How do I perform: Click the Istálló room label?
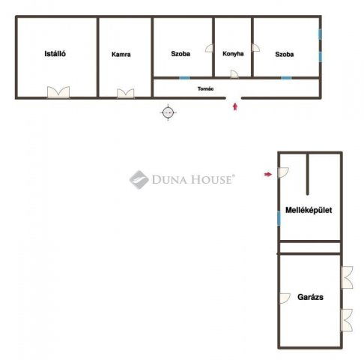[x=55, y=54]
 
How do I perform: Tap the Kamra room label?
[x=121, y=54]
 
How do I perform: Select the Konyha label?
[x=233, y=54]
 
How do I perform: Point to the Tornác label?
[x=205, y=88]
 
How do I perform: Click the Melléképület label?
[x=309, y=210]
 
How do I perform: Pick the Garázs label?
[x=310, y=297]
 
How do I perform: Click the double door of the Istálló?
[x=58, y=92]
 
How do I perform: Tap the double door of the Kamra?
[x=126, y=94]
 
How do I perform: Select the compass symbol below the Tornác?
[x=168, y=112]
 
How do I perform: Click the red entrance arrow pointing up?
[x=234, y=106]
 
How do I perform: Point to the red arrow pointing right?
[x=268, y=174]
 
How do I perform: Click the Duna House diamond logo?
[x=139, y=179]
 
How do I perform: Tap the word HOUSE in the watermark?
[x=211, y=180]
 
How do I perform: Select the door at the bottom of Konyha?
[x=234, y=74]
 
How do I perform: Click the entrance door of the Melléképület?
[x=283, y=172]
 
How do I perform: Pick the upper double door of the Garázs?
[x=347, y=277]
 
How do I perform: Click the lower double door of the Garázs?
[x=347, y=320]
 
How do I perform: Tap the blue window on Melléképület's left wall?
[x=279, y=218]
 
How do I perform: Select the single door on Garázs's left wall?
[x=285, y=298]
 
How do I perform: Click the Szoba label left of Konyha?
[x=181, y=54]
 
